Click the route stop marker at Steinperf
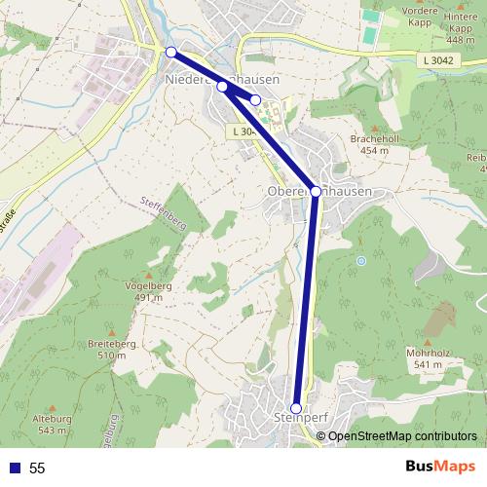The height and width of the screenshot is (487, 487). pos(297,408)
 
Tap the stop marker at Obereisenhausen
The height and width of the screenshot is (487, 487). pos(316,191)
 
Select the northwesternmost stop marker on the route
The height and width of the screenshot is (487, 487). pos(170,52)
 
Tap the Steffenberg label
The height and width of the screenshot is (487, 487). pos(162,202)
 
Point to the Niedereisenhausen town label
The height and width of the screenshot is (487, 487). pos(223,79)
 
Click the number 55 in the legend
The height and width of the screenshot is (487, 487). pos(37,468)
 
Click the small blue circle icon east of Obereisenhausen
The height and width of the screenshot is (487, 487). pos(360,260)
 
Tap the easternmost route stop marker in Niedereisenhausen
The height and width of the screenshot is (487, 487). pos(255,99)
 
